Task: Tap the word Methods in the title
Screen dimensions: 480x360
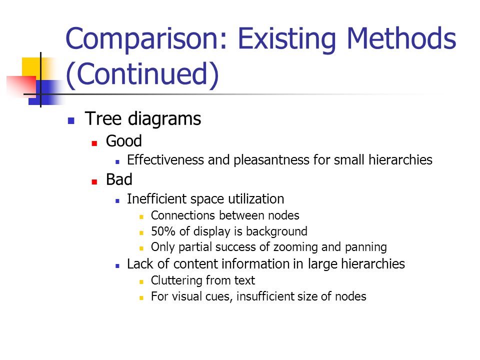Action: point(401,38)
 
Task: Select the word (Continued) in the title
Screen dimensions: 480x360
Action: point(142,74)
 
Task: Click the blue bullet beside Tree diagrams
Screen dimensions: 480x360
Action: point(71,120)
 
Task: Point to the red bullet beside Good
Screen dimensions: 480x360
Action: point(94,143)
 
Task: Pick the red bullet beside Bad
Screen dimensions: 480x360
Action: point(94,181)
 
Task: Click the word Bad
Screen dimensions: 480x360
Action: point(119,179)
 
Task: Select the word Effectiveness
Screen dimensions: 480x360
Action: point(165,160)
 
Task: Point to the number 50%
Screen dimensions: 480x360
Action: point(163,231)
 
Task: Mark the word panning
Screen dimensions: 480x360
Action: point(366,247)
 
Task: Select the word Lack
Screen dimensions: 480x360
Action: point(140,264)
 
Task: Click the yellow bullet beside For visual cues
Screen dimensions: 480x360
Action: point(141,297)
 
